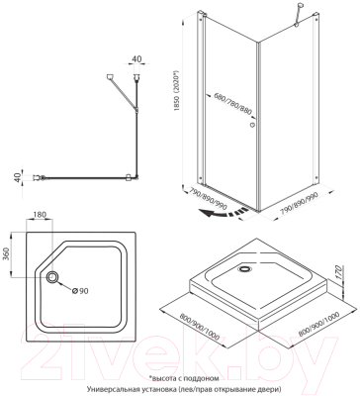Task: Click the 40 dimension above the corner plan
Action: (x=136, y=58)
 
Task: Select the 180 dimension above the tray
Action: (x=40, y=214)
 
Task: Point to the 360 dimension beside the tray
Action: (x=6, y=254)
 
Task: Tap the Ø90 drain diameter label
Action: (x=80, y=291)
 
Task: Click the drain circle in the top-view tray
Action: (x=52, y=277)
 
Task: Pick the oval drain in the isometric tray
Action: (x=244, y=269)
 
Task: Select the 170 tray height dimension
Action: (x=341, y=273)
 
